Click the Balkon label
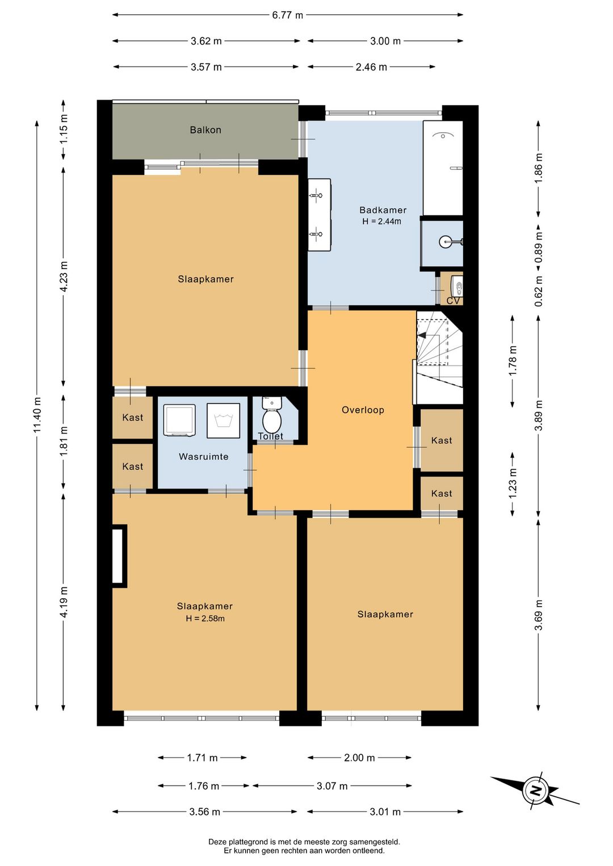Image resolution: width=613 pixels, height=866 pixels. (x=205, y=130)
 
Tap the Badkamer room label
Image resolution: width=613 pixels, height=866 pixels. (x=383, y=210)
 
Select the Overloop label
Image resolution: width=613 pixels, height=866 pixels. (x=363, y=410)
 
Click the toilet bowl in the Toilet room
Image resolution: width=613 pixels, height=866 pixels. (x=271, y=421)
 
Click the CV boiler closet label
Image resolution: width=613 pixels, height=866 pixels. (x=453, y=300)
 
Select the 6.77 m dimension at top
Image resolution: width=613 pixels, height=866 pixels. (x=287, y=15)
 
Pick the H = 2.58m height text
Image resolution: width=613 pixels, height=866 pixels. (x=205, y=618)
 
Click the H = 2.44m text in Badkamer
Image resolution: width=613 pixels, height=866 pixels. (x=382, y=221)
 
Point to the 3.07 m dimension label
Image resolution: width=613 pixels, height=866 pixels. (x=332, y=785)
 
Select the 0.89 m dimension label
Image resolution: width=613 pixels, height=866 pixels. (x=538, y=246)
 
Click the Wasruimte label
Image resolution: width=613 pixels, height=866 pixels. (x=203, y=457)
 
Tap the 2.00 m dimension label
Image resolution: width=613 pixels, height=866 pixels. (x=359, y=758)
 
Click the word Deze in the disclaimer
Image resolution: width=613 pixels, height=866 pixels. (x=217, y=842)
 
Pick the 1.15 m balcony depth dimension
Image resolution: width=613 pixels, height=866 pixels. (x=64, y=129)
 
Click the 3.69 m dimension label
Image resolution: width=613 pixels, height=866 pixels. (x=538, y=615)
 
